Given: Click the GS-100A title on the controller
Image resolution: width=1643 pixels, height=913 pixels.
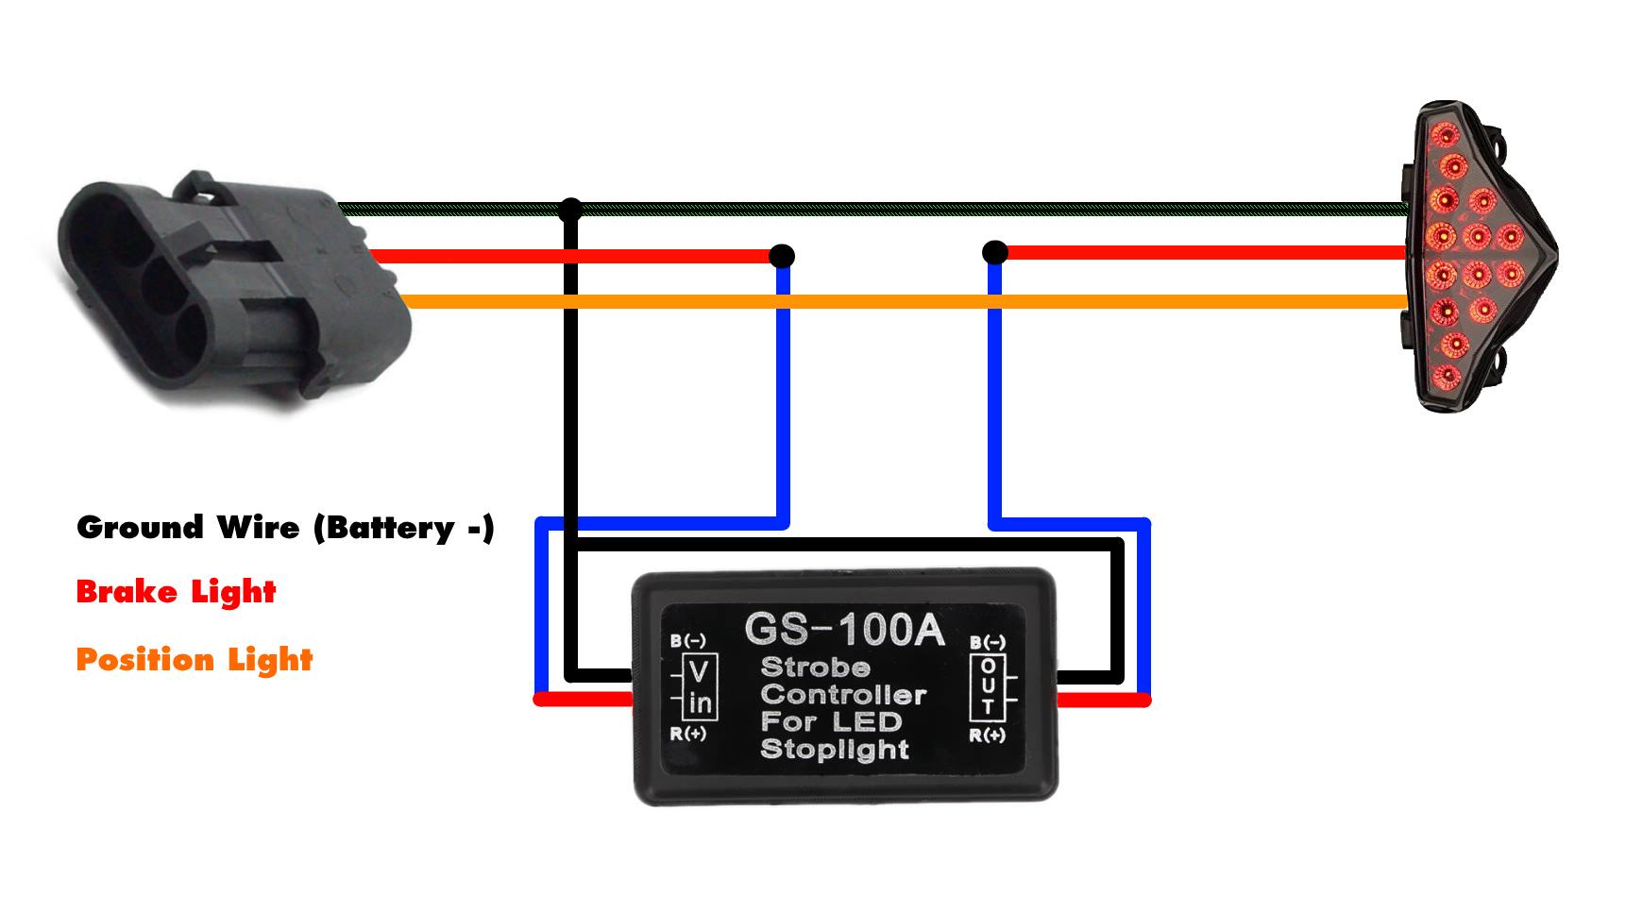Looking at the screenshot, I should (x=843, y=630).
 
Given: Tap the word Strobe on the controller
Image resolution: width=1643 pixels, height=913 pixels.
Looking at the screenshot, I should (x=815, y=667).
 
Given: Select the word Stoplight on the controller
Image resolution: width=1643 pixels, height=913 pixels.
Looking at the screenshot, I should (x=834, y=750).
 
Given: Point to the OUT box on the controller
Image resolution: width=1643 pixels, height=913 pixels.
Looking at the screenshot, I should (x=988, y=685).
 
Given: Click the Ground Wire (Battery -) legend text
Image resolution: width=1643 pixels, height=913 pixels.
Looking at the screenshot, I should (x=285, y=527).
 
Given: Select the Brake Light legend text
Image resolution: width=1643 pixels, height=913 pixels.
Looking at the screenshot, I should (x=176, y=592).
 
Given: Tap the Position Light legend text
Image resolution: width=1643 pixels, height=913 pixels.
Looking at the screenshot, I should (x=194, y=659).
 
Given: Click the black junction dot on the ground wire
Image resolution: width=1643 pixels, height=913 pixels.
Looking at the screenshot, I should (x=570, y=209).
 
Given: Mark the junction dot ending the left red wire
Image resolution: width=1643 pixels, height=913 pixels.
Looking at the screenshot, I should (x=782, y=256).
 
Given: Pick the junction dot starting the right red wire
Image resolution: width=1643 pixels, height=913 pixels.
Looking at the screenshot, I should (x=993, y=252).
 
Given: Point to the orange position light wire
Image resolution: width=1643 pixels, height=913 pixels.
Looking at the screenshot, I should (x=897, y=302).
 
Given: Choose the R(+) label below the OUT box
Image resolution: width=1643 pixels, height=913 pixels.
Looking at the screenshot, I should (x=988, y=735).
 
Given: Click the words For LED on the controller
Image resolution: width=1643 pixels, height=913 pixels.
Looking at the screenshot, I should (x=831, y=722).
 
